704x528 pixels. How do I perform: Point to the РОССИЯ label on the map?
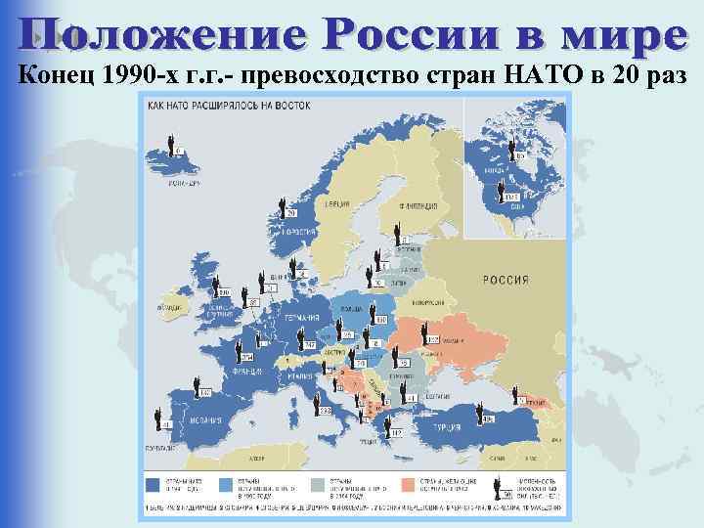coord(506,280)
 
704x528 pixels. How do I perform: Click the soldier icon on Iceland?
coord(173,145)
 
